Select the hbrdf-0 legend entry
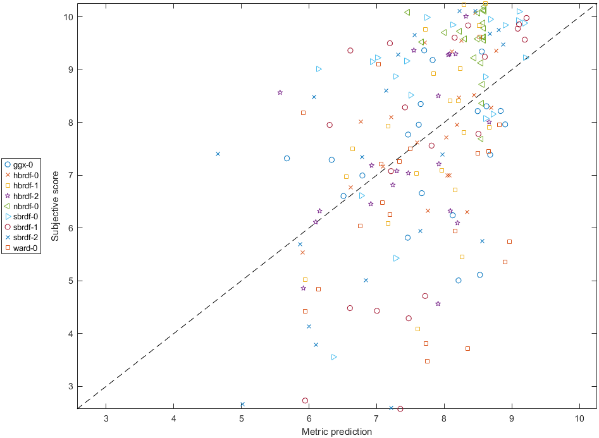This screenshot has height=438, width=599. (23, 175)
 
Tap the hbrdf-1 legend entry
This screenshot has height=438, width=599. (23, 185)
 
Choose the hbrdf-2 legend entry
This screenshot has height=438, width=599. (23, 196)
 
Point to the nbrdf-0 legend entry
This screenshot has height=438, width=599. (23, 206)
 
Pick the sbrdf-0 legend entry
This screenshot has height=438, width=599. (23, 217)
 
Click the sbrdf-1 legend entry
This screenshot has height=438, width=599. (23, 228)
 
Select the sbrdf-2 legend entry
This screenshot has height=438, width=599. (23, 238)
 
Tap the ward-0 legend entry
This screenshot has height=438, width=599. (23, 248)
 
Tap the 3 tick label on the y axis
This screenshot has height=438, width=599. (70, 386)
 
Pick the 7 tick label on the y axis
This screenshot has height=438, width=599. (70, 175)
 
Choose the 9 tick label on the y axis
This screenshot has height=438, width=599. (70, 70)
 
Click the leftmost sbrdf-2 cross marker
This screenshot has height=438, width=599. (218, 154)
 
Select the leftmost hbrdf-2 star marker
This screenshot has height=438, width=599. (280, 92)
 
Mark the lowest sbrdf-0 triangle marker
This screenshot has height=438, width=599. (334, 357)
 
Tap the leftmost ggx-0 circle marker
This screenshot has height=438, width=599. (287, 159)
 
